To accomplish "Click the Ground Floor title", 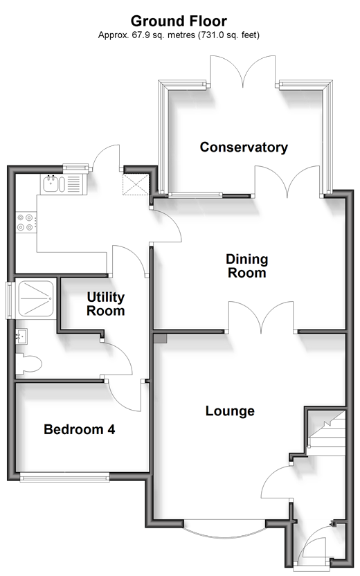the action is (179, 21).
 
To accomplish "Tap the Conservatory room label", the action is (244, 147).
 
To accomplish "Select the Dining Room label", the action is (247, 266).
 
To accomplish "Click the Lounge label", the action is (230, 411).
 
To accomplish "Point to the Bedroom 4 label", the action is (80, 429).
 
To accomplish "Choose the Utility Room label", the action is (106, 304).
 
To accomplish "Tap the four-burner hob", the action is (26, 222).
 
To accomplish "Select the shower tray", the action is (35, 298).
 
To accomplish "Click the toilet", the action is (28, 364).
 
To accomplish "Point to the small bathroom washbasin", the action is (21, 336).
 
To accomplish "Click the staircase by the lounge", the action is (327, 433).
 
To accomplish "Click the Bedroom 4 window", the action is (64, 478).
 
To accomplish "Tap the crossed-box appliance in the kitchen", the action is (136, 185).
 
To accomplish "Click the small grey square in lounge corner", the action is (161, 339).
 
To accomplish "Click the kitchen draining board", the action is (74, 183).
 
